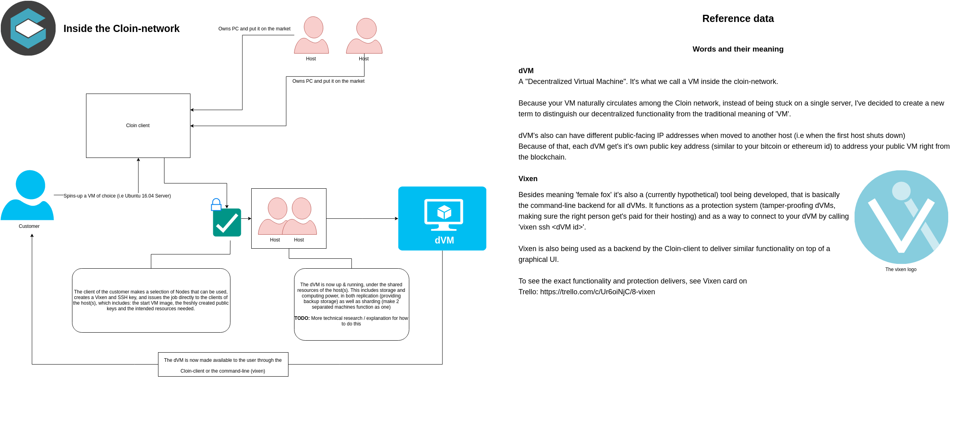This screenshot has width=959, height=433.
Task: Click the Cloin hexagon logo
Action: (x=28, y=28)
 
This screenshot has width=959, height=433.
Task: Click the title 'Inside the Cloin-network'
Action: (x=121, y=29)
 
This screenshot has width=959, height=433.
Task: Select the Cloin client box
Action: (x=138, y=126)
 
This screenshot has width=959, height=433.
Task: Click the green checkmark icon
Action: (x=227, y=223)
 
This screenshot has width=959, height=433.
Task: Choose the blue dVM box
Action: (x=442, y=218)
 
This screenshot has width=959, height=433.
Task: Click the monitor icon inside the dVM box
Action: (x=443, y=214)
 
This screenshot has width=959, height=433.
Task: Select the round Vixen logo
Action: (x=901, y=217)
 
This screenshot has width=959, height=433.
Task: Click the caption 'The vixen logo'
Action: (x=901, y=269)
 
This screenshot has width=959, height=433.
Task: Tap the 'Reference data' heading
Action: (x=738, y=19)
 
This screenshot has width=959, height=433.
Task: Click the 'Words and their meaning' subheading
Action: (x=738, y=49)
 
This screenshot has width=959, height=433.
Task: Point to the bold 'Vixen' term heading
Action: (x=528, y=179)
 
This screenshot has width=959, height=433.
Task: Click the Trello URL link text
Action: (x=597, y=292)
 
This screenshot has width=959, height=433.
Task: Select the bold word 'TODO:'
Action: (x=302, y=318)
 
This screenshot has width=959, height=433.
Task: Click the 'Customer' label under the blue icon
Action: (x=29, y=226)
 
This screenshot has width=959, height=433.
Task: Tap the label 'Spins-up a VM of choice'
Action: (x=117, y=196)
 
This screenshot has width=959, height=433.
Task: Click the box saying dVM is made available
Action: (x=223, y=365)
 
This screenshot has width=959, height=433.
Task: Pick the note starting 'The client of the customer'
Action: (x=151, y=300)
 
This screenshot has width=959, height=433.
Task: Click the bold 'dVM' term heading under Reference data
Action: (x=526, y=71)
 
